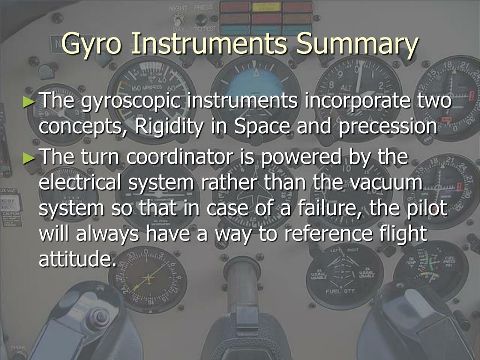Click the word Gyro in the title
pyautogui.click(x=93, y=45)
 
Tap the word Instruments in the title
pyautogui.click(x=208, y=45)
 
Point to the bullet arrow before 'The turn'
pyautogui.click(x=30, y=158)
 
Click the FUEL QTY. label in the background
pyautogui.click(x=341, y=291)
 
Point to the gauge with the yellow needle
pyautogui.click(x=148, y=278)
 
